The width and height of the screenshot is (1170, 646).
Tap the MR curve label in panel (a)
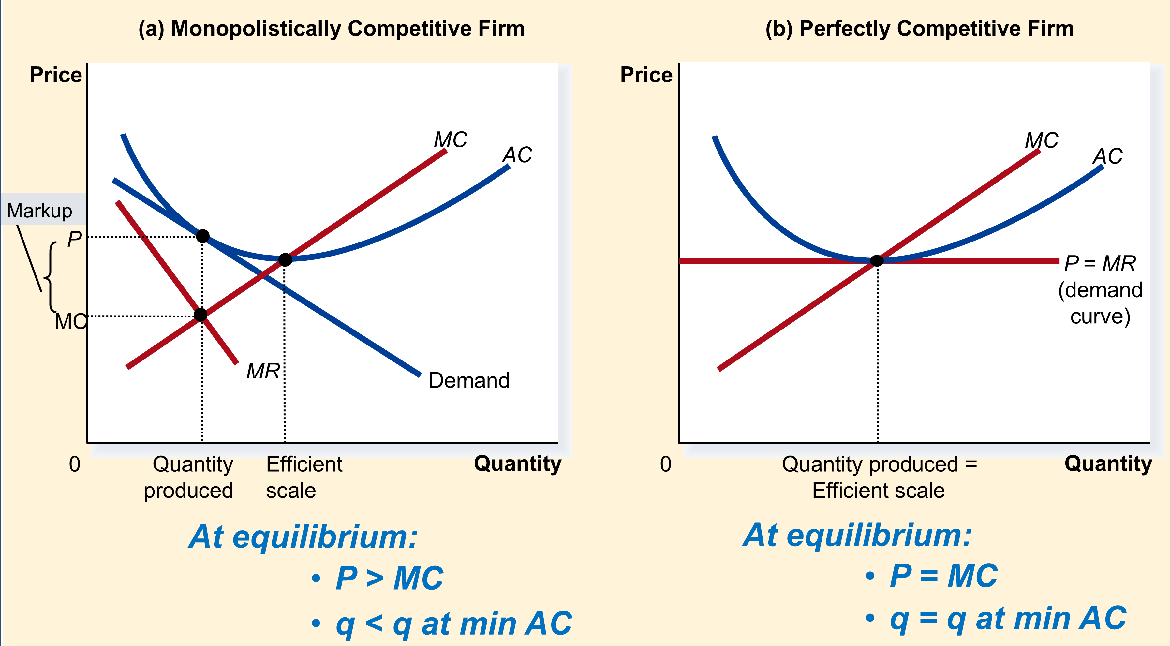click(x=263, y=371)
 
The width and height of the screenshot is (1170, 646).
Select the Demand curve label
click(x=469, y=380)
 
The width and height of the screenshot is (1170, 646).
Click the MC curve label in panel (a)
click(x=451, y=139)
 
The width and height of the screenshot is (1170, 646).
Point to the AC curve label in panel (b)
click(x=1108, y=156)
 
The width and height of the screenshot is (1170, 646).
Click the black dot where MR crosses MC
click(x=200, y=315)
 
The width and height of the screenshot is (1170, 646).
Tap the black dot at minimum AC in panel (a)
click(x=285, y=260)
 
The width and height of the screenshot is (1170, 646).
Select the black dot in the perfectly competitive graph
click(x=877, y=260)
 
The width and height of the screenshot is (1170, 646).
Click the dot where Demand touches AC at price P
click(x=202, y=236)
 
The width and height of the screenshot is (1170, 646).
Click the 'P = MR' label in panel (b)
click(x=1100, y=263)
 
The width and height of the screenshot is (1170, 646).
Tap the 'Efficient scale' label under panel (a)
click(x=304, y=477)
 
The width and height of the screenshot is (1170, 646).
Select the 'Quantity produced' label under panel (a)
click(x=188, y=477)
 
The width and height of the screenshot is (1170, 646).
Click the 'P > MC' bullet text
click(x=389, y=578)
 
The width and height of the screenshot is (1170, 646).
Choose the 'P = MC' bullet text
click(x=944, y=576)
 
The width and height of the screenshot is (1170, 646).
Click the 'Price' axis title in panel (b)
click(x=646, y=75)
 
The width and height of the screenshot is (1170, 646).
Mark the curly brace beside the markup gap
click(x=50, y=277)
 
